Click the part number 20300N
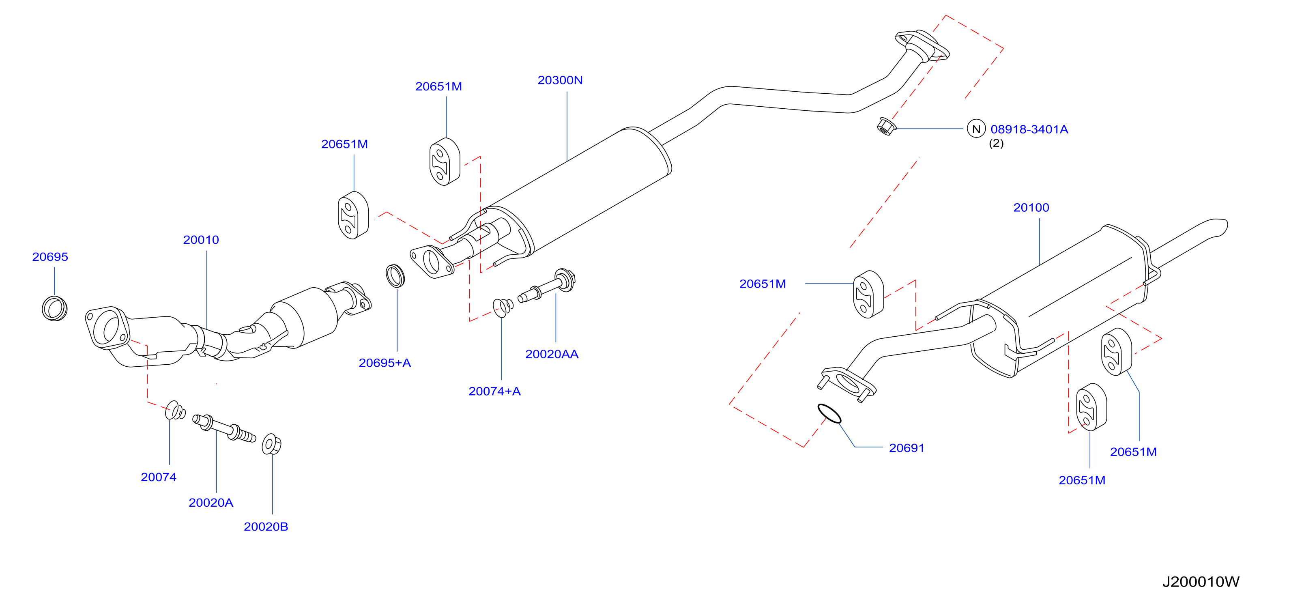[x=560, y=80]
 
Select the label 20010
[x=201, y=240]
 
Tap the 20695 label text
[x=50, y=257]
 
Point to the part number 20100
[x=1031, y=208]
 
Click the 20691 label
[x=906, y=448]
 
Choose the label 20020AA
[x=552, y=354]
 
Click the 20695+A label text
[x=384, y=363]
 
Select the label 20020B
[x=266, y=527]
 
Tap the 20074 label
[x=159, y=477]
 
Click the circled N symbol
[x=976, y=129]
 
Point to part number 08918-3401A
[x=1029, y=129]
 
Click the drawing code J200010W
[x=1201, y=581]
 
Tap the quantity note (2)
[x=996, y=143]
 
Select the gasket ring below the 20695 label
[x=54, y=308]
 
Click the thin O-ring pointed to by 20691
[x=829, y=413]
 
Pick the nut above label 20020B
[x=271, y=444]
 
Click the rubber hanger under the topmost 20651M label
[x=445, y=161]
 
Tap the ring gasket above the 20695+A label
[x=395, y=276]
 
